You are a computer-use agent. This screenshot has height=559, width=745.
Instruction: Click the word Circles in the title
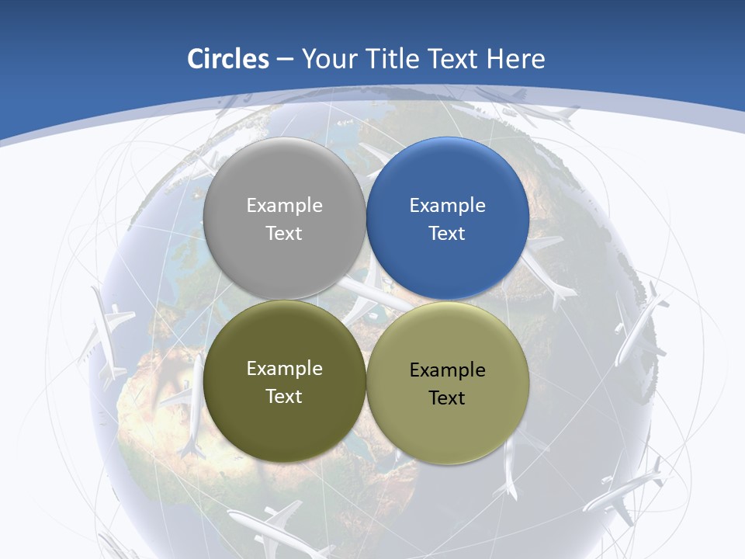coord(227,59)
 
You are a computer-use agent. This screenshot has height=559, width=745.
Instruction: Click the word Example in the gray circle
coord(284,205)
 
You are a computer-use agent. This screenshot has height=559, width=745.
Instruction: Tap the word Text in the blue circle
coord(447,233)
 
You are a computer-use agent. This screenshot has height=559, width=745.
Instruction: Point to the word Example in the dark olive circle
coord(284,368)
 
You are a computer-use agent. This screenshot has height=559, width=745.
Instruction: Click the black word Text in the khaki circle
coord(447,398)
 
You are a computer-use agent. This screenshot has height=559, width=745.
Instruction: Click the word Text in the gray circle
coord(284,233)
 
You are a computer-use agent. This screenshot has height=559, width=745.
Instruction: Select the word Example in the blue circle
coord(447,205)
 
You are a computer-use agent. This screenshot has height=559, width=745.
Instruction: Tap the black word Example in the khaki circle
coord(447,370)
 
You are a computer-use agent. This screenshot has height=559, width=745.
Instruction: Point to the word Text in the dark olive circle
coord(284,396)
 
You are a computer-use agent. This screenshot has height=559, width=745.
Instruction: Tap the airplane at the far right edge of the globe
coord(640,326)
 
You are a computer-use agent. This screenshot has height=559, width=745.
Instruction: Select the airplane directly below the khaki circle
coord(508,470)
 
